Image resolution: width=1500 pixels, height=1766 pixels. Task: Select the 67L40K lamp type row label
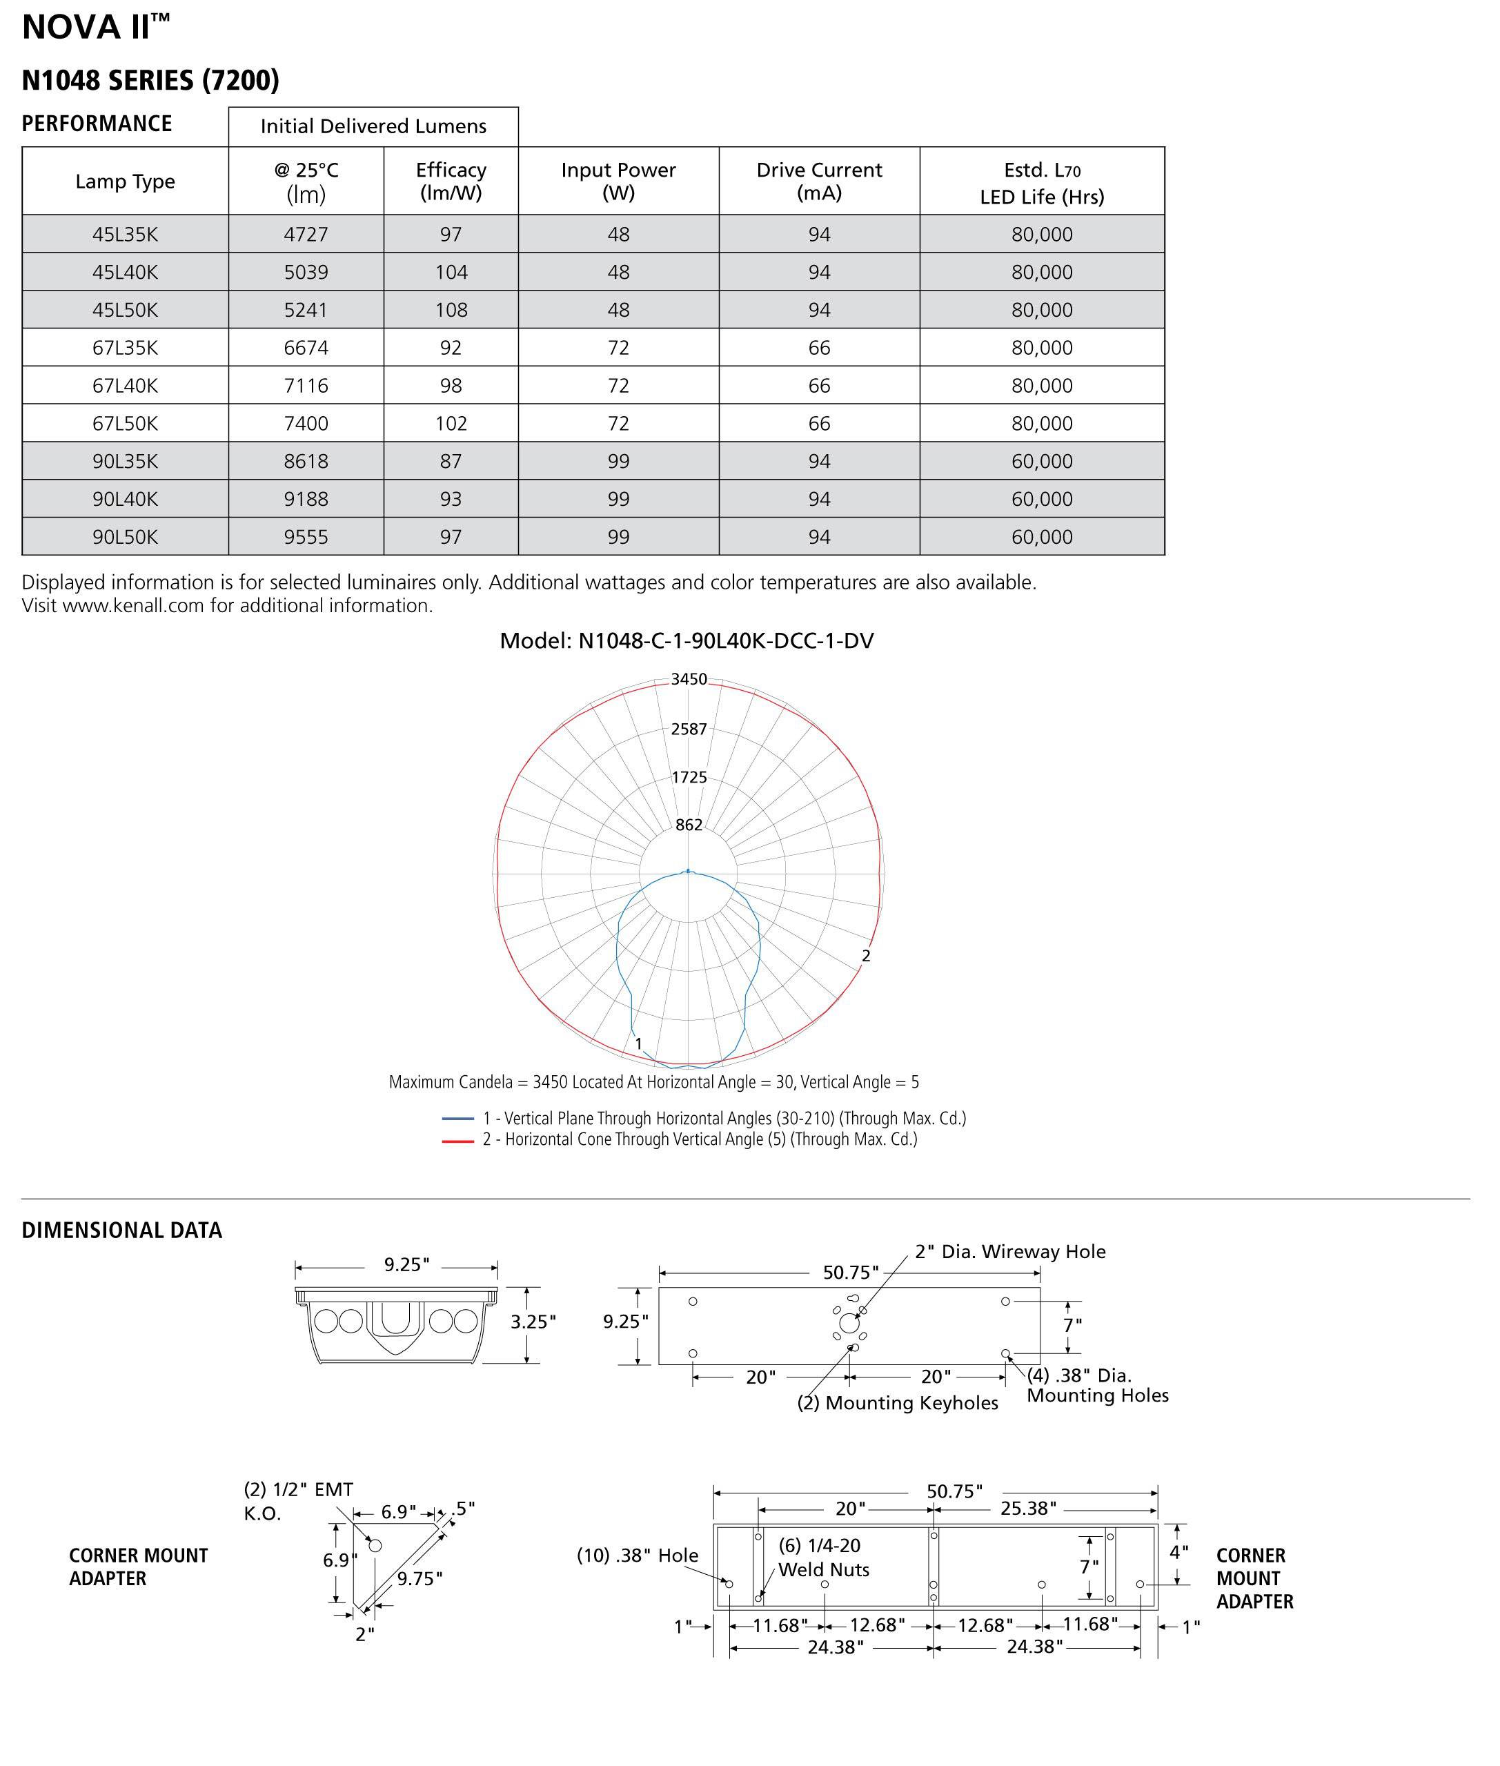tap(125, 385)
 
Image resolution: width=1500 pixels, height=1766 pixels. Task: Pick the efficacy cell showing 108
tap(451, 310)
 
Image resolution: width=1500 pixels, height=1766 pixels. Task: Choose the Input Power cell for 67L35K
tap(618, 347)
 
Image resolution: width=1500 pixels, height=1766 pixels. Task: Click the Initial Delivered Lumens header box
tap(373, 126)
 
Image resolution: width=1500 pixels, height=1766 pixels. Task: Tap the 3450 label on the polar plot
tap(688, 679)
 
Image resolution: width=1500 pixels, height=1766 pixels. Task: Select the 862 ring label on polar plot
tap(688, 824)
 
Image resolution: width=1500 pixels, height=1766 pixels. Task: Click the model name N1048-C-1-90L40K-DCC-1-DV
tap(687, 640)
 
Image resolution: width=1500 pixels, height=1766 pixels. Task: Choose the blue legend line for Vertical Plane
tap(457, 1119)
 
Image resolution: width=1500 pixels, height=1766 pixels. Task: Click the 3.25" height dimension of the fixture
tap(533, 1321)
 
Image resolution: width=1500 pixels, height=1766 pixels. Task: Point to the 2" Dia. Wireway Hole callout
tap(1009, 1251)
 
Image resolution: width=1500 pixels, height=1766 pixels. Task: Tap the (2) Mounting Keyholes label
tap(897, 1403)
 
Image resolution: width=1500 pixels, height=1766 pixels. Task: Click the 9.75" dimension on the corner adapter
tap(420, 1578)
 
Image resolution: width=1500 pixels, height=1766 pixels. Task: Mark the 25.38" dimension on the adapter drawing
tap(1028, 1509)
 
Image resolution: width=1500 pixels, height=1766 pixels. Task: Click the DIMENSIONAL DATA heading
tap(121, 1230)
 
